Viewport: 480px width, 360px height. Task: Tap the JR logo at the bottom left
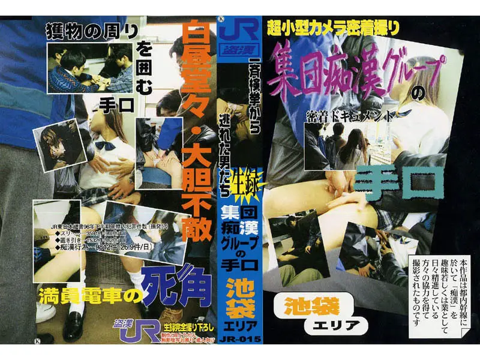coord(133,331)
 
